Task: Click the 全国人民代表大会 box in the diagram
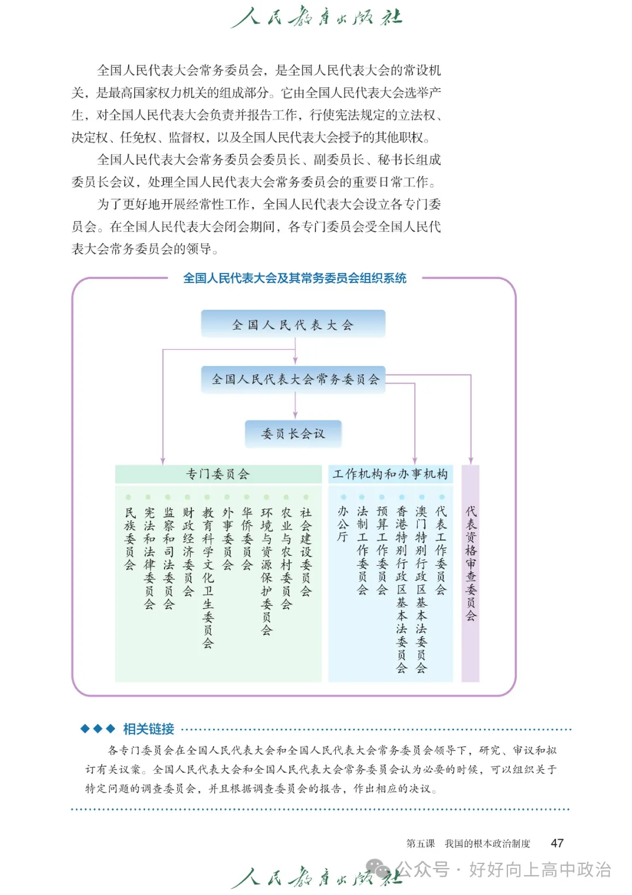pyautogui.click(x=293, y=324)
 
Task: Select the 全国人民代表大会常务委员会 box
pyautogui.click(x=295, y=379)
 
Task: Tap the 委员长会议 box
pyautogui.click(x=293, y=433)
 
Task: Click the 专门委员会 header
pyautogui.click(x=218, y=474)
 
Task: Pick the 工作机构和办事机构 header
pyautogui.click(x=390, y=474)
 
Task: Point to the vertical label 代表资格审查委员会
pyautogui.click(x=471, y=563)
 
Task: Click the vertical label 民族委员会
pyautogui.click(x=130, y=538)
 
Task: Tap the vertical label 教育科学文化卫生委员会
pyautogui.click(x=208, y=578)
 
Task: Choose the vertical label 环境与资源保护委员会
pyautogui.click(x=266, y=571)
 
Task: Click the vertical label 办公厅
pyautogui.click(x=343, y=524)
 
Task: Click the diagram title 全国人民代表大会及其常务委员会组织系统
pyautogui.click(x=295, y=278)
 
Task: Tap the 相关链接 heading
pyautogui.click(x=149, y=729)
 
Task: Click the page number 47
pyautogui.click(x=557, y=843)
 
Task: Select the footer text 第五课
pyautogui.click(x=420, y=843)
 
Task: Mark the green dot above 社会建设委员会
pyautogui.click(x=306, y=497)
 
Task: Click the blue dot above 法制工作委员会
pyautogui.click(x=362, y=497)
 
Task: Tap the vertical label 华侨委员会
pyautogui.click(x=247, y=538)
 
